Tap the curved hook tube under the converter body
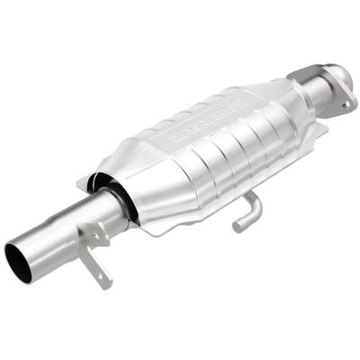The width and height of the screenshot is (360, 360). pos(247,211)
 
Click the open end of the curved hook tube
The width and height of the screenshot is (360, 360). pos(238,226)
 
